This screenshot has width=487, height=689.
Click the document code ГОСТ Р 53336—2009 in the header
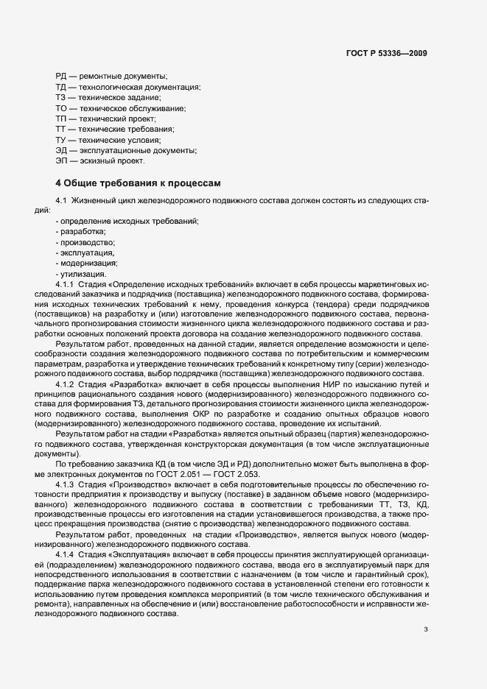coord(386,53)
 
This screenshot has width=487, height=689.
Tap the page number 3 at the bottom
coord(426,629)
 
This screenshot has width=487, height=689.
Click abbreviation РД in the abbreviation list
coord(62,76)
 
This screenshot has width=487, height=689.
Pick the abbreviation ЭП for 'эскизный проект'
coord(62,160)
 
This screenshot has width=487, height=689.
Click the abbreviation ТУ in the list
coord(62,140)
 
